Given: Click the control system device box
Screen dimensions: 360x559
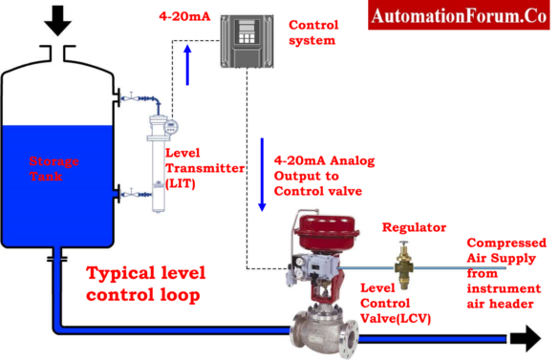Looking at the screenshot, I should tap(247, 38).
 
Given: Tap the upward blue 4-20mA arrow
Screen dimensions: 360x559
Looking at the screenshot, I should tap(187, 67).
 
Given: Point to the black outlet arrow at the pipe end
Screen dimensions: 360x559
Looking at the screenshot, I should tap(524, 337).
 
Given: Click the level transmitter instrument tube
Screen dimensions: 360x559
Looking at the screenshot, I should tap(159, 162).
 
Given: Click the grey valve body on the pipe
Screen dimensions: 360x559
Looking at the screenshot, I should tap(325, 334).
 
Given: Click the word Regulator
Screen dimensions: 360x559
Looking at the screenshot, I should tap(414, 228).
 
